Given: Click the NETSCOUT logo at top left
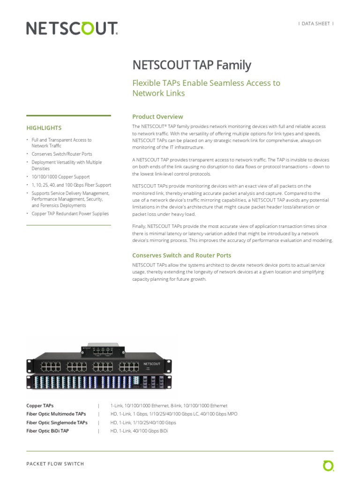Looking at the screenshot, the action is coord(71,29).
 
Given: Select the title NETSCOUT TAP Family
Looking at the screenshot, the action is coord(192,65).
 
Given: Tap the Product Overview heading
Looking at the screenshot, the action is coord(157,117).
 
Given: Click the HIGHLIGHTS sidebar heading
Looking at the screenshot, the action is coord(44,127).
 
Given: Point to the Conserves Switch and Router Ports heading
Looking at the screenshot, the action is coord(181,255).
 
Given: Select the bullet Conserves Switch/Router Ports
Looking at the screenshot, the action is coord(61,154).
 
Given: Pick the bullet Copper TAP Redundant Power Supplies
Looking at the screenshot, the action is coord(70,214).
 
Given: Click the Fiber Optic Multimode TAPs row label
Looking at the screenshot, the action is coord(56,414).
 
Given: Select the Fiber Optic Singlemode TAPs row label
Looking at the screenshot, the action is coord(57,422).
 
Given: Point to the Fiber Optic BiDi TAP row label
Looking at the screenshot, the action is coord(47,431).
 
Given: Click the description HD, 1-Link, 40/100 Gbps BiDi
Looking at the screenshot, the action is coord(139,431).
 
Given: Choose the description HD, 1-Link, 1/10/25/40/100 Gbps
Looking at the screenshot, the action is coord(143,422).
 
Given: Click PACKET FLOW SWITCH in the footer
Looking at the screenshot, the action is coord(55,464).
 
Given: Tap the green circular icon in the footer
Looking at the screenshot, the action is coord(328,465).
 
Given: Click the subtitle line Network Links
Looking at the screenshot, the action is coord(158,93).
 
